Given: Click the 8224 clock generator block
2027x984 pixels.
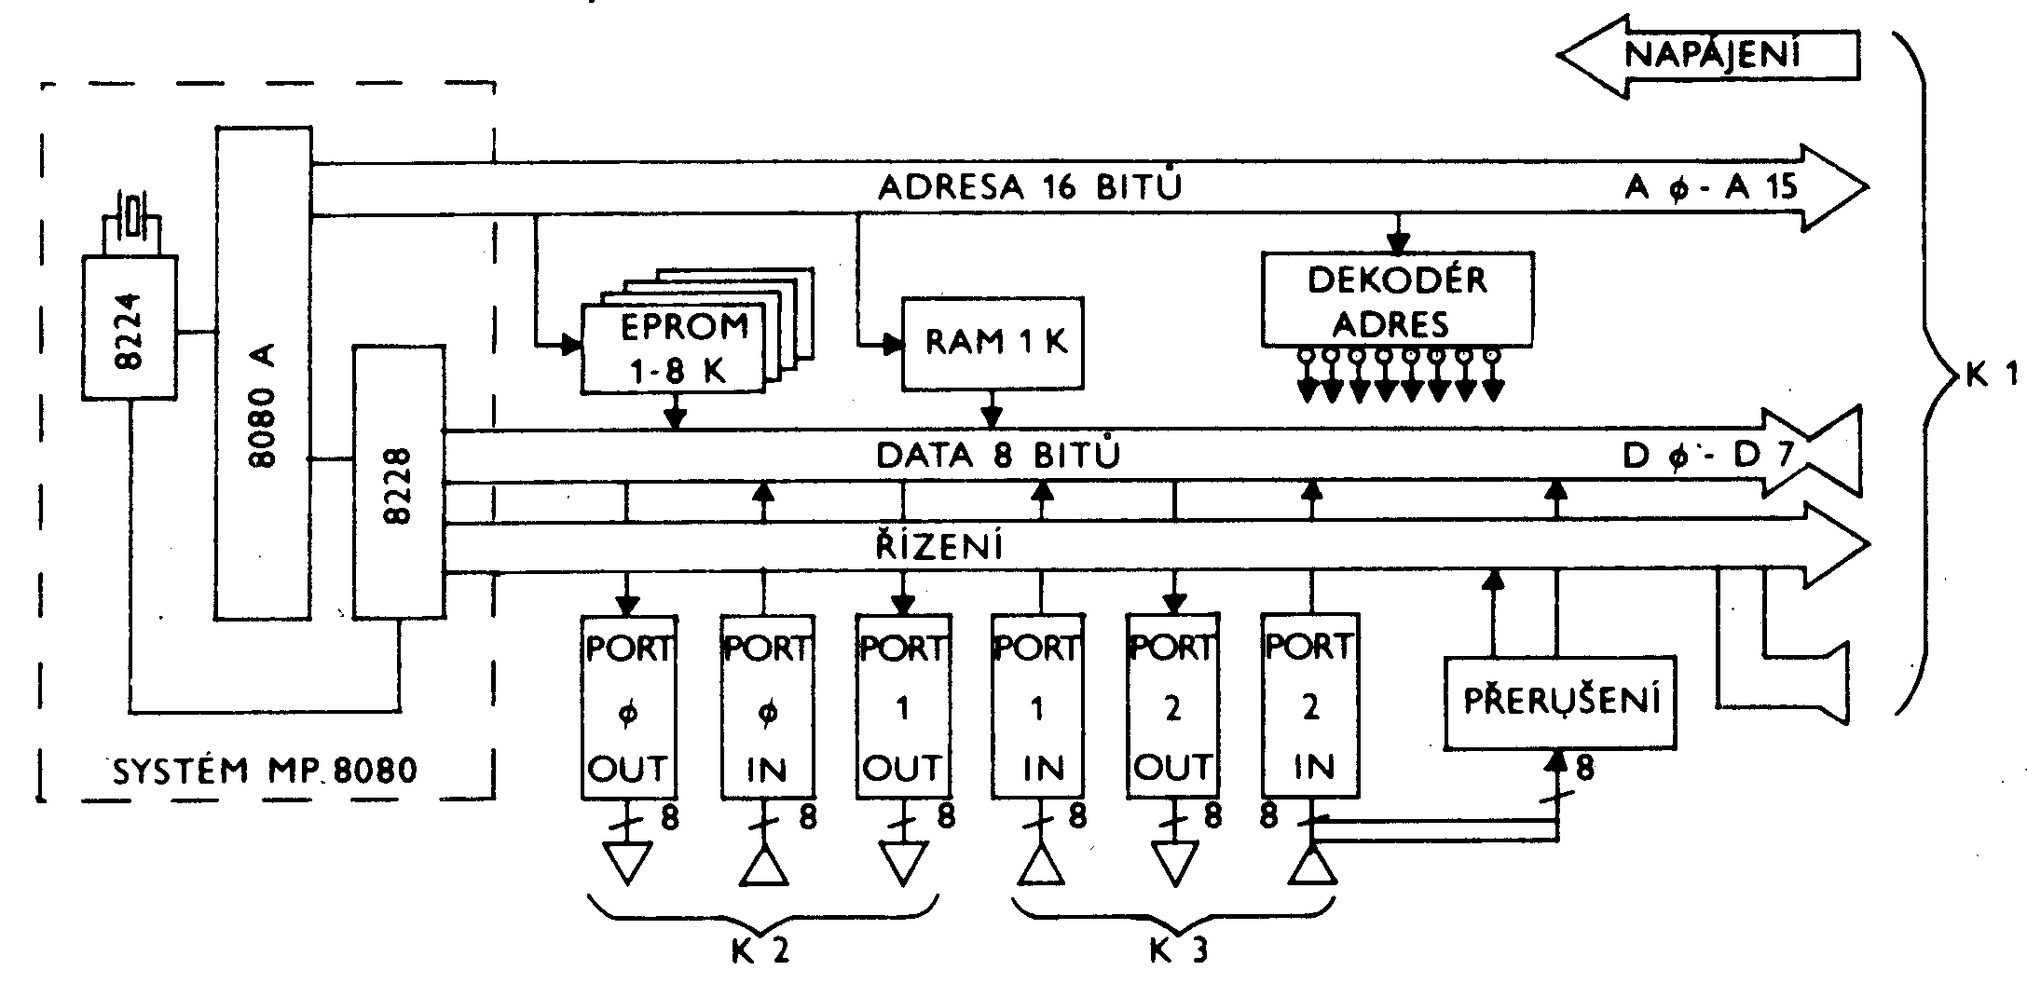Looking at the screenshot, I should tap(129, 330).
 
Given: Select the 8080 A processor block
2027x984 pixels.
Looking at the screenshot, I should tap(263, 373).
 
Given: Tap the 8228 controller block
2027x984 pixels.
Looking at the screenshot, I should tap(398, 481).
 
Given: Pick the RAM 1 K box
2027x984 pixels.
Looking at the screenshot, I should tap(993, 343).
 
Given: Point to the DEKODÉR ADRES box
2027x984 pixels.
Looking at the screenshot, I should tap(1397, 298).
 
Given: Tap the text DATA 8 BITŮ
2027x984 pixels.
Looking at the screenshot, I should tap(998, 456).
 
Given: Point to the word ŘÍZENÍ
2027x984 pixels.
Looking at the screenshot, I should tap(939, 546).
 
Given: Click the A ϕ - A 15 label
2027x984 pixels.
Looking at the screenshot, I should tap(1710, 188).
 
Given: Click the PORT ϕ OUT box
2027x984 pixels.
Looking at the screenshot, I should tap(628, 706).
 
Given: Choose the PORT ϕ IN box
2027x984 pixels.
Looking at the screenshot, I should tap(767, 706).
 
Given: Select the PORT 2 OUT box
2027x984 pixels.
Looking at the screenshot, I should tap(1173, 706).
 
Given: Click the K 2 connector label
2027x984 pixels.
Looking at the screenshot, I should tap(760, 950).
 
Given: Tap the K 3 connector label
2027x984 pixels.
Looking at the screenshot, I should tap(1177, 950).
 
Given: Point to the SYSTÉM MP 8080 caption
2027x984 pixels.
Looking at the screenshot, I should tap(265, 771).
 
